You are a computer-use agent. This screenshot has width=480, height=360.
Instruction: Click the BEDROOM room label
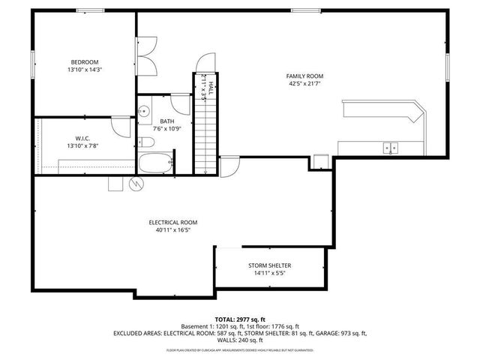click(x=85, y=61)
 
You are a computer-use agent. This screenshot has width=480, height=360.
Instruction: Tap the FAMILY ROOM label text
click(x=304, y=76)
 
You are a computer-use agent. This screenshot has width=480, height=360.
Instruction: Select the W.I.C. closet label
click(x=82, y=137)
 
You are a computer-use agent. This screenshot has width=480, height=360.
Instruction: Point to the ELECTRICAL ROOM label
click(x=172, y=223)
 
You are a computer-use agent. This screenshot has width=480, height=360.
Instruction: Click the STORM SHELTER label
click(x=270, y=265)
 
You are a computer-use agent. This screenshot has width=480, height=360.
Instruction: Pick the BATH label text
click(x=166, y=121)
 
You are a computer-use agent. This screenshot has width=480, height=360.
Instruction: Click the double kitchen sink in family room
click(x=390, y=148)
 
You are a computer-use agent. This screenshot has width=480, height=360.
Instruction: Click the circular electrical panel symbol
click(x=136, y=184)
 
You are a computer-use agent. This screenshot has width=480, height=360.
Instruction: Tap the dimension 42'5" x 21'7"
click(x=304, y=85)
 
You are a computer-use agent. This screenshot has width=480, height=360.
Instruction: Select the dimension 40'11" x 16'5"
click(x=172, y=231)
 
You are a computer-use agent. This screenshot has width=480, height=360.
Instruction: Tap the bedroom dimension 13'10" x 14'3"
click(x=85, y=70)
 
